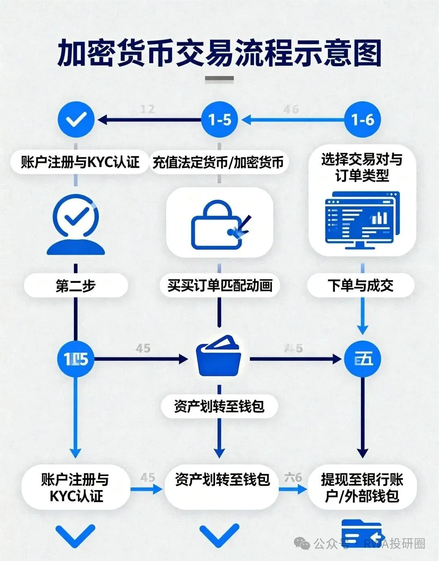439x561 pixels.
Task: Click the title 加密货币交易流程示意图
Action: point(219,53)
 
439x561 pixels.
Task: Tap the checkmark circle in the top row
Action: point(76,119)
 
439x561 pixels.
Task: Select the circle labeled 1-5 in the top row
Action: point(219,119)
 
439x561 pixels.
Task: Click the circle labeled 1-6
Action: point(363,119)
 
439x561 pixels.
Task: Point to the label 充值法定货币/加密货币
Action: point(218,162)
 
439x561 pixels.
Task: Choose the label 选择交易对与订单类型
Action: point(362,167)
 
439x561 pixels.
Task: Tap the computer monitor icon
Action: point(362,221)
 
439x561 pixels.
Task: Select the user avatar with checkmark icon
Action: point(76,225)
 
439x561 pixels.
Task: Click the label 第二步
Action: point(76,286)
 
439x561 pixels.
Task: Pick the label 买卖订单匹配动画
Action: point(219,285)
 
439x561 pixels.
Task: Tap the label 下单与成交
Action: point(361,285)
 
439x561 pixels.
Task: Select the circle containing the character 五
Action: point(363,359)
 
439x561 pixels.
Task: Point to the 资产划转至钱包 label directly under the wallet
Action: point(219,406)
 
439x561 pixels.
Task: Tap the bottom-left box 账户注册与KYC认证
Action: point(76,487)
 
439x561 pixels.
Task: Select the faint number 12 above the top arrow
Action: point(147,109)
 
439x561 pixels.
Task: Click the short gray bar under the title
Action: point(219,78)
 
